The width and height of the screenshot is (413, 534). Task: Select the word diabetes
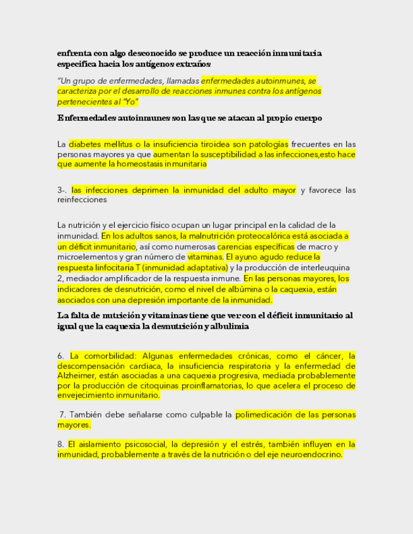[x=86, y=144]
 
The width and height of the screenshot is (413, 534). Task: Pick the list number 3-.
[x=62, y=190]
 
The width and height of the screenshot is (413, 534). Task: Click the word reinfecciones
[x=81, y=200]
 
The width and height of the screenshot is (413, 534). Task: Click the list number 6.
[x=61, y=356]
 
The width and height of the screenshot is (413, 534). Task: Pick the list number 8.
[x=61, y=444]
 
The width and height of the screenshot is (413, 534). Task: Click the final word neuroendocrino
[x=306, y=454]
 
